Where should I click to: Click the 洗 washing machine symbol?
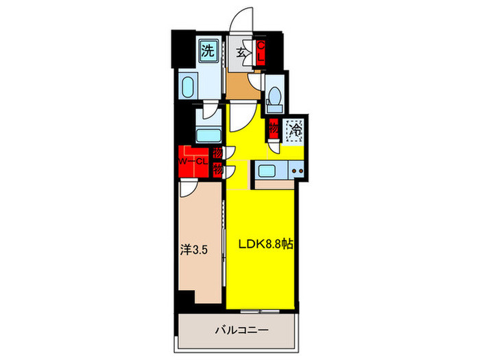(x=208, y=49)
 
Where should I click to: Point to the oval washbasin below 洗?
(x=187, y=86)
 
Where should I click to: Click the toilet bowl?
(x=274, y=95)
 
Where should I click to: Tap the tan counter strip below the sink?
(x=274, y=184)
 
